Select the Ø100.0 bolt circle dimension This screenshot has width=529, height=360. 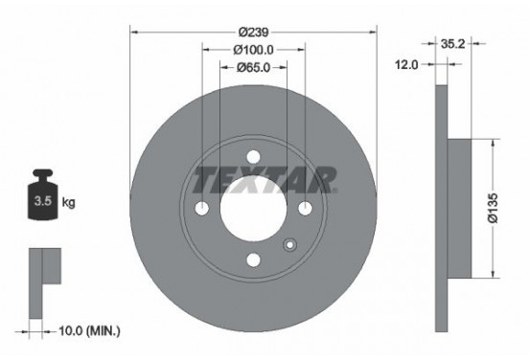(253, 49)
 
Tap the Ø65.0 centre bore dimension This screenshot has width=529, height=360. (253, 67)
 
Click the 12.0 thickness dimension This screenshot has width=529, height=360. (409, 64)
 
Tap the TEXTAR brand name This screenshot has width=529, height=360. (264, 178)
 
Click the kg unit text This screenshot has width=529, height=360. (70, 203)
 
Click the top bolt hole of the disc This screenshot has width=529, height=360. (253, 158)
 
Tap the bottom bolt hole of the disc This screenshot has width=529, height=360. (253, 259)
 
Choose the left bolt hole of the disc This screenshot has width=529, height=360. (202, 209)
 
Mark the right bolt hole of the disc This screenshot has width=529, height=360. (305, 209)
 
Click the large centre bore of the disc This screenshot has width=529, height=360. (253, 209)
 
